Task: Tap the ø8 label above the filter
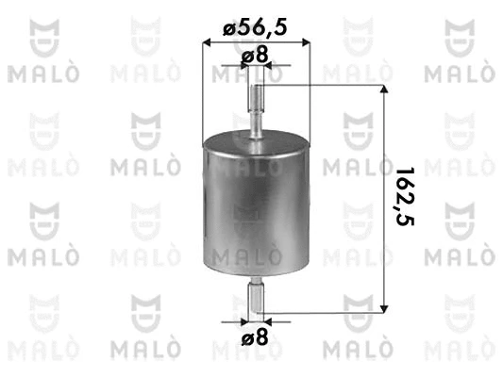coord(256,57)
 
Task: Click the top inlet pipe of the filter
coord(256,107)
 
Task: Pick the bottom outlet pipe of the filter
coord(256,296)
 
